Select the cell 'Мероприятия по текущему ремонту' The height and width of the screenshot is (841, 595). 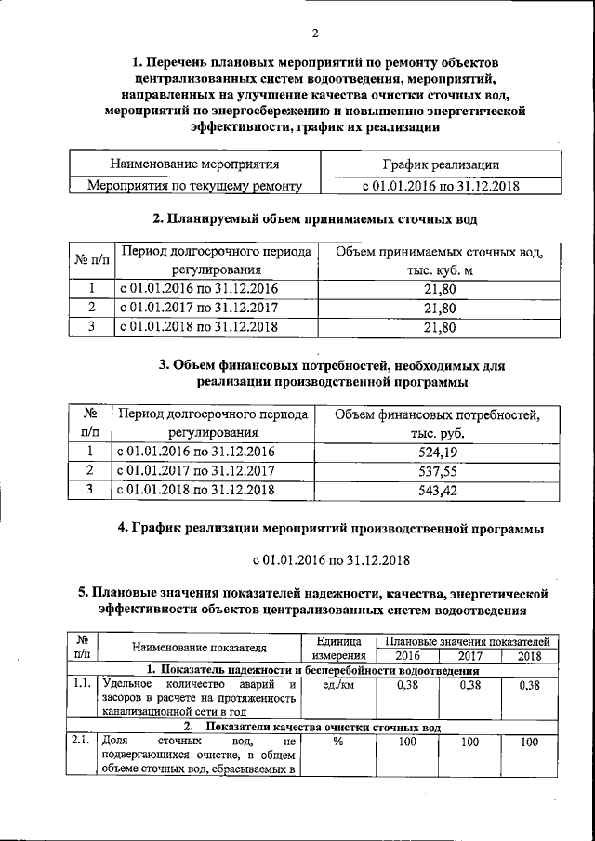click(x=194, y=186)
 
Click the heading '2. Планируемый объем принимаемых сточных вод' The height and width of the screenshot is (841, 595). click(x=314, y=220)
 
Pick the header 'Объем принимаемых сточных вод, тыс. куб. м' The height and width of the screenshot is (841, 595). click(x=440, y=261)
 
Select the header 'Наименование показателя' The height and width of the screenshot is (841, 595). click(x=199, y=648)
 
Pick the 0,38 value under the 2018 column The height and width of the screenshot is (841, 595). click(x=530, y=686)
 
